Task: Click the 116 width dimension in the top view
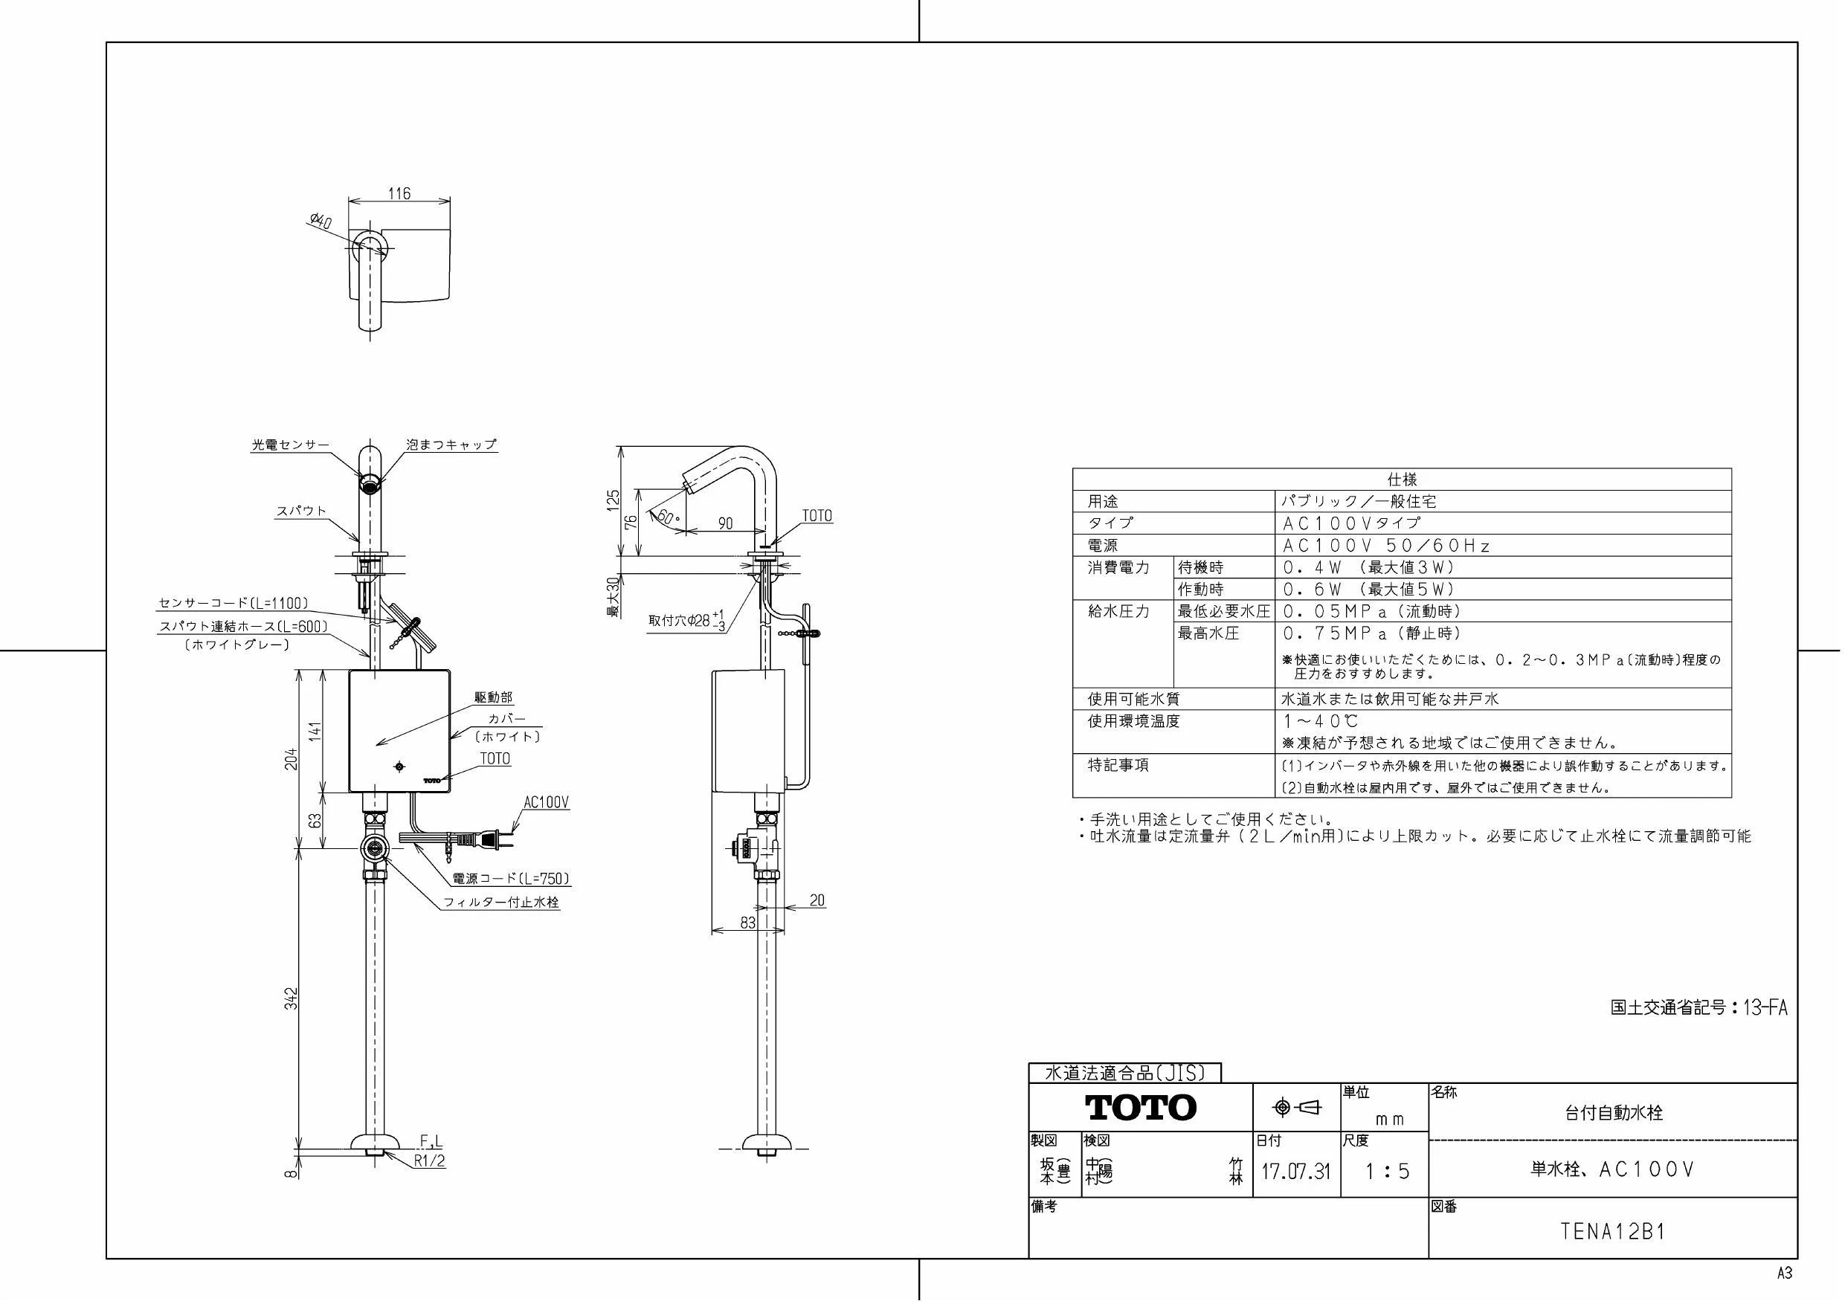click(x=399, y=193)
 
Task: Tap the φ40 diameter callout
click(x=320, y=220)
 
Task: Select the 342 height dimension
click(x=292, y=998)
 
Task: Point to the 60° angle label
click(x=667, y=516)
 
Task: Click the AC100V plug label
click(x=546, y=803)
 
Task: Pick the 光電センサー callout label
click(x=291, y=445)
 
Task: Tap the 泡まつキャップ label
click(x=451, y=445)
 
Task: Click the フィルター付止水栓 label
click(x=501, y=903)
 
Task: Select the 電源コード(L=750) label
click(x=511, y=879)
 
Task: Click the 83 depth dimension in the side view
click(x=747, y=923)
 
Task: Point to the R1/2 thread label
click(x=430, y=1161)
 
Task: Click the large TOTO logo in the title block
click(x=1141, y=1107)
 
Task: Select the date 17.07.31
click(x=1295, y=1172)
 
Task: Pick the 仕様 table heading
click(x=1403, y=480)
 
